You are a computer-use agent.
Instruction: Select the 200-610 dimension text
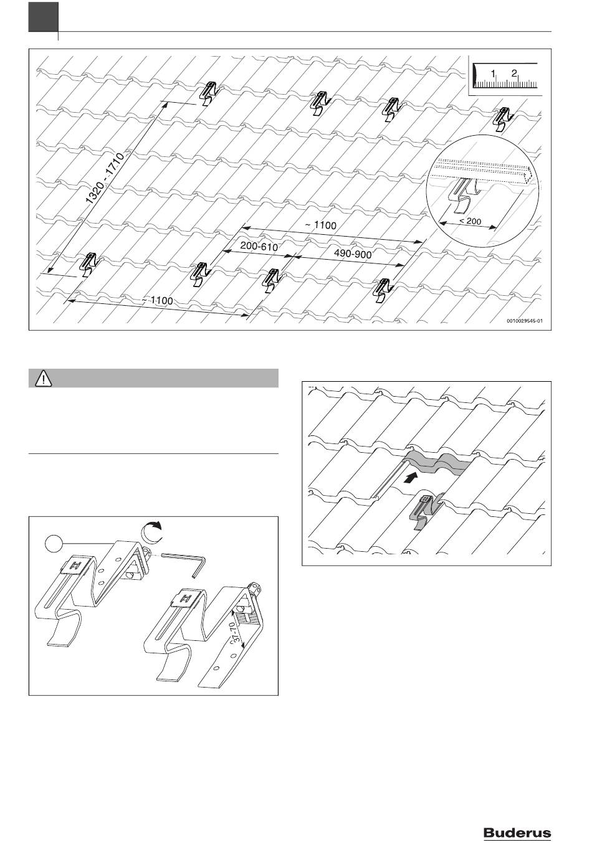(x=259, y=247)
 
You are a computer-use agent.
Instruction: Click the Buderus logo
(x=517, y=833)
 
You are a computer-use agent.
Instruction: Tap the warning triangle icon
(x=44, y=378)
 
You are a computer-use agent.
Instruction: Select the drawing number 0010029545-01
(x=525, y=322)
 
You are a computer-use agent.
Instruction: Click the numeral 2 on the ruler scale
(x=514, y=73)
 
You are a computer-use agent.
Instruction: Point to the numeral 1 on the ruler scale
(x=493, y=73)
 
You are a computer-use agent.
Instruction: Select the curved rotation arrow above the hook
(x=151, y=532)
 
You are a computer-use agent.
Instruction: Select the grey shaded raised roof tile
(x=436, y=465)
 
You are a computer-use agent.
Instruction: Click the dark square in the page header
(x=42, y=17)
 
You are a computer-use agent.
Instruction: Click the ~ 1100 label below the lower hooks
(x=157, y=300)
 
